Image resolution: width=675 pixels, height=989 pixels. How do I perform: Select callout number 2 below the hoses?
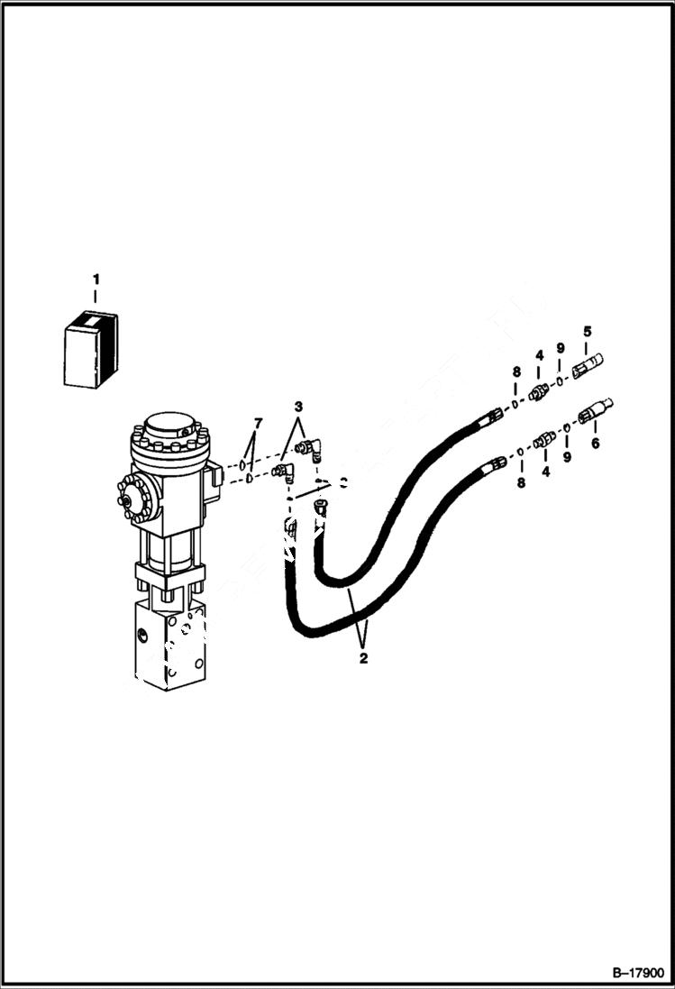(363, 659)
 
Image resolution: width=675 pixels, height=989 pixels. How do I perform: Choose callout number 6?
(594, 444)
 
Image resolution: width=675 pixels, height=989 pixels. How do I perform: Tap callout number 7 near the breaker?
(258, 423)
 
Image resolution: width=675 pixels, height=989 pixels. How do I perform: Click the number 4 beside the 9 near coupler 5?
(539, 356)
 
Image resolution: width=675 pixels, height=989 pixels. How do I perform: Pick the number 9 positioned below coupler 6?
(567, 458)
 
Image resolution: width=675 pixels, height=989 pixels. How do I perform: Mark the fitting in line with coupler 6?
(543, 440)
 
